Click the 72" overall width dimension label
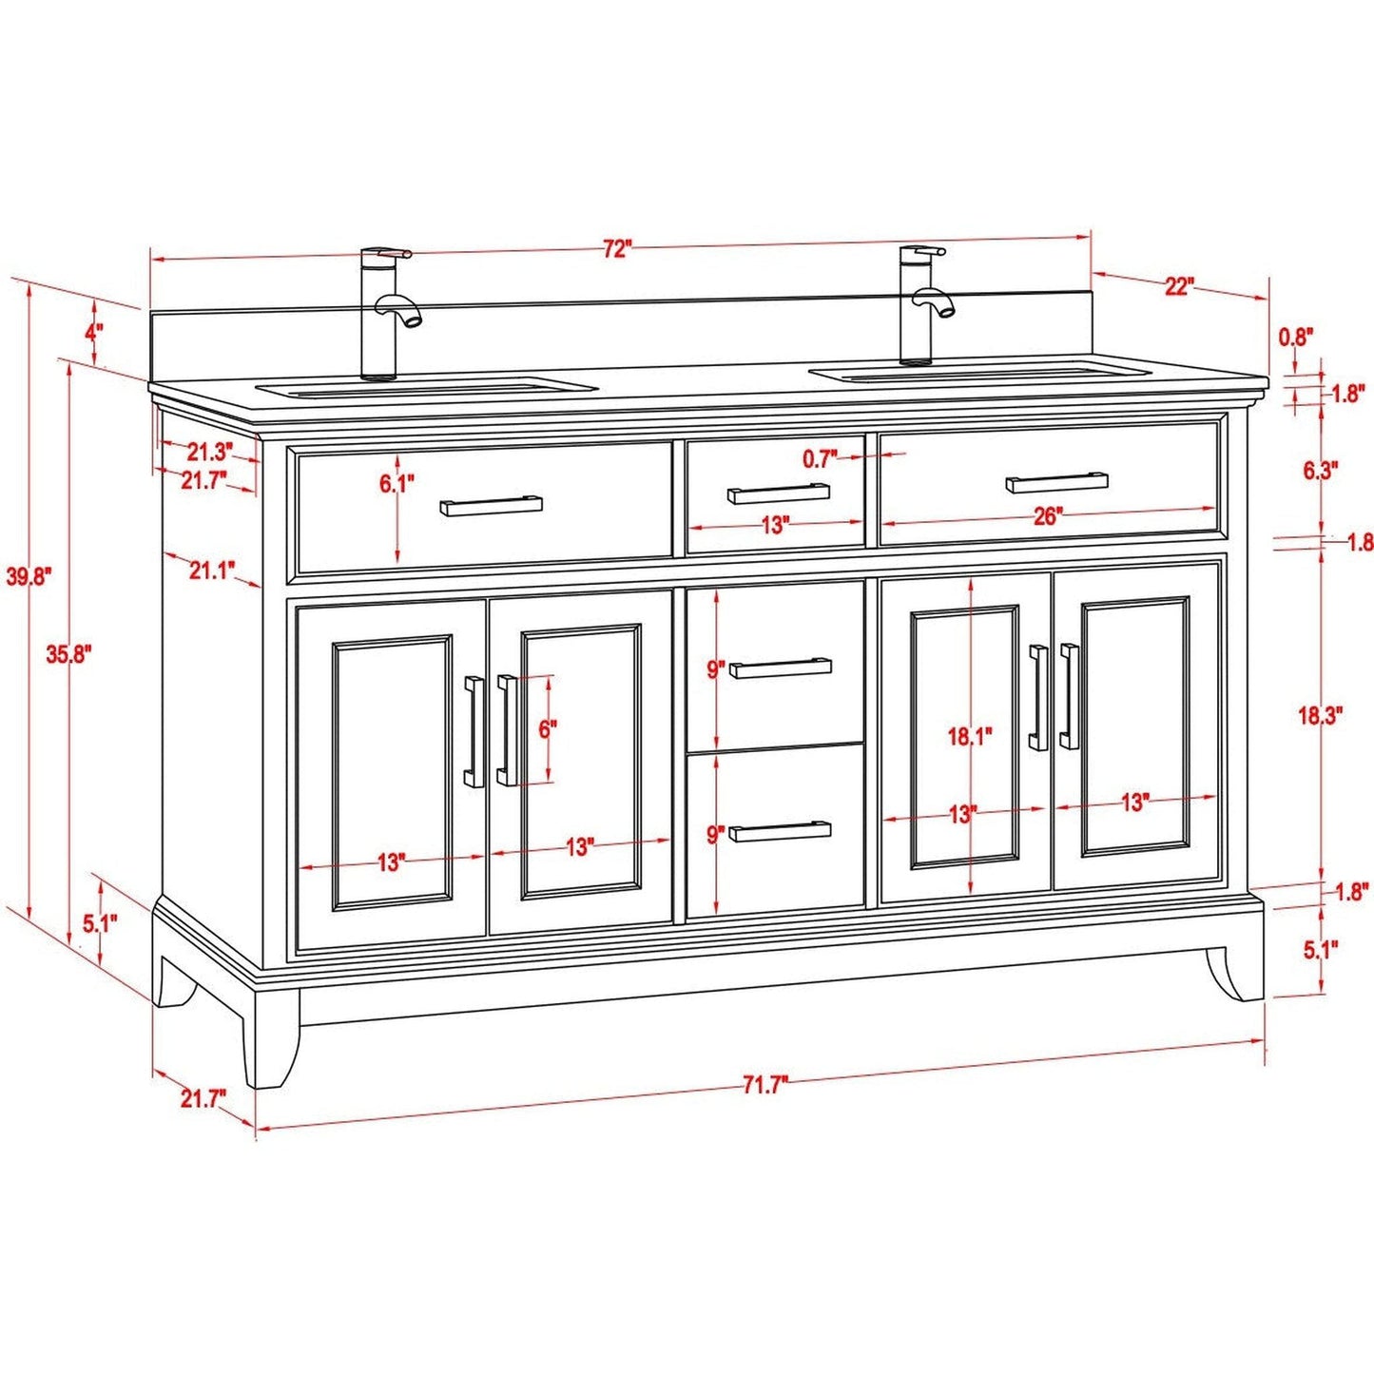(616, 249)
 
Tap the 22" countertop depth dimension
(1178, 286)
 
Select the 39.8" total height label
(29, 576)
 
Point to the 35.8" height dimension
(68, 654)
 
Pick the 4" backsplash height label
(93, 333)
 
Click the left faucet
(385, 313)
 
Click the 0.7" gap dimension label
(820, 459)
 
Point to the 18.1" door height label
(969, 735)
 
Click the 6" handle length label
(548, 729)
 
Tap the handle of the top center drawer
(778, 494)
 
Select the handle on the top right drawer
(1056, 482)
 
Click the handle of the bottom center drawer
(780, 832)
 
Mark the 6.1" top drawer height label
(397, 484)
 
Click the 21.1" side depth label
(211, 571)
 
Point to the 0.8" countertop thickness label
(1295, 336)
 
